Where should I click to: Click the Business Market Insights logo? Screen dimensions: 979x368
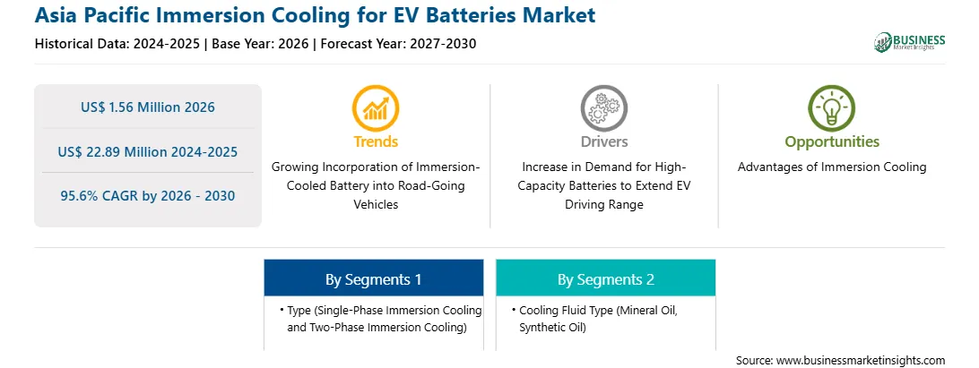(909, 42)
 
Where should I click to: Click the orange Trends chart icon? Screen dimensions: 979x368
(376, 108)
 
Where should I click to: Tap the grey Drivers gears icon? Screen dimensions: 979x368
(603, 108)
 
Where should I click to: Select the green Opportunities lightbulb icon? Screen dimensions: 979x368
(832, 108)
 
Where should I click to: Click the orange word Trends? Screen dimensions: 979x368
(376, 141)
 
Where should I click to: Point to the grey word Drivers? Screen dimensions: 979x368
(603, 141)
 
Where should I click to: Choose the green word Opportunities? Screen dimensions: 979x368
(832, 142)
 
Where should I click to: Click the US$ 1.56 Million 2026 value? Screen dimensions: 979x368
(148, 107)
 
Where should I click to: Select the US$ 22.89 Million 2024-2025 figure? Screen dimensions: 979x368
(148, 151)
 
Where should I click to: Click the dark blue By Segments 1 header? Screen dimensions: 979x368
(373, 279)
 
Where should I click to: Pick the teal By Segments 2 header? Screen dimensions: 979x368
(606, 279)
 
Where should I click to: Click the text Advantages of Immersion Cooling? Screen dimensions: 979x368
(832, 167)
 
